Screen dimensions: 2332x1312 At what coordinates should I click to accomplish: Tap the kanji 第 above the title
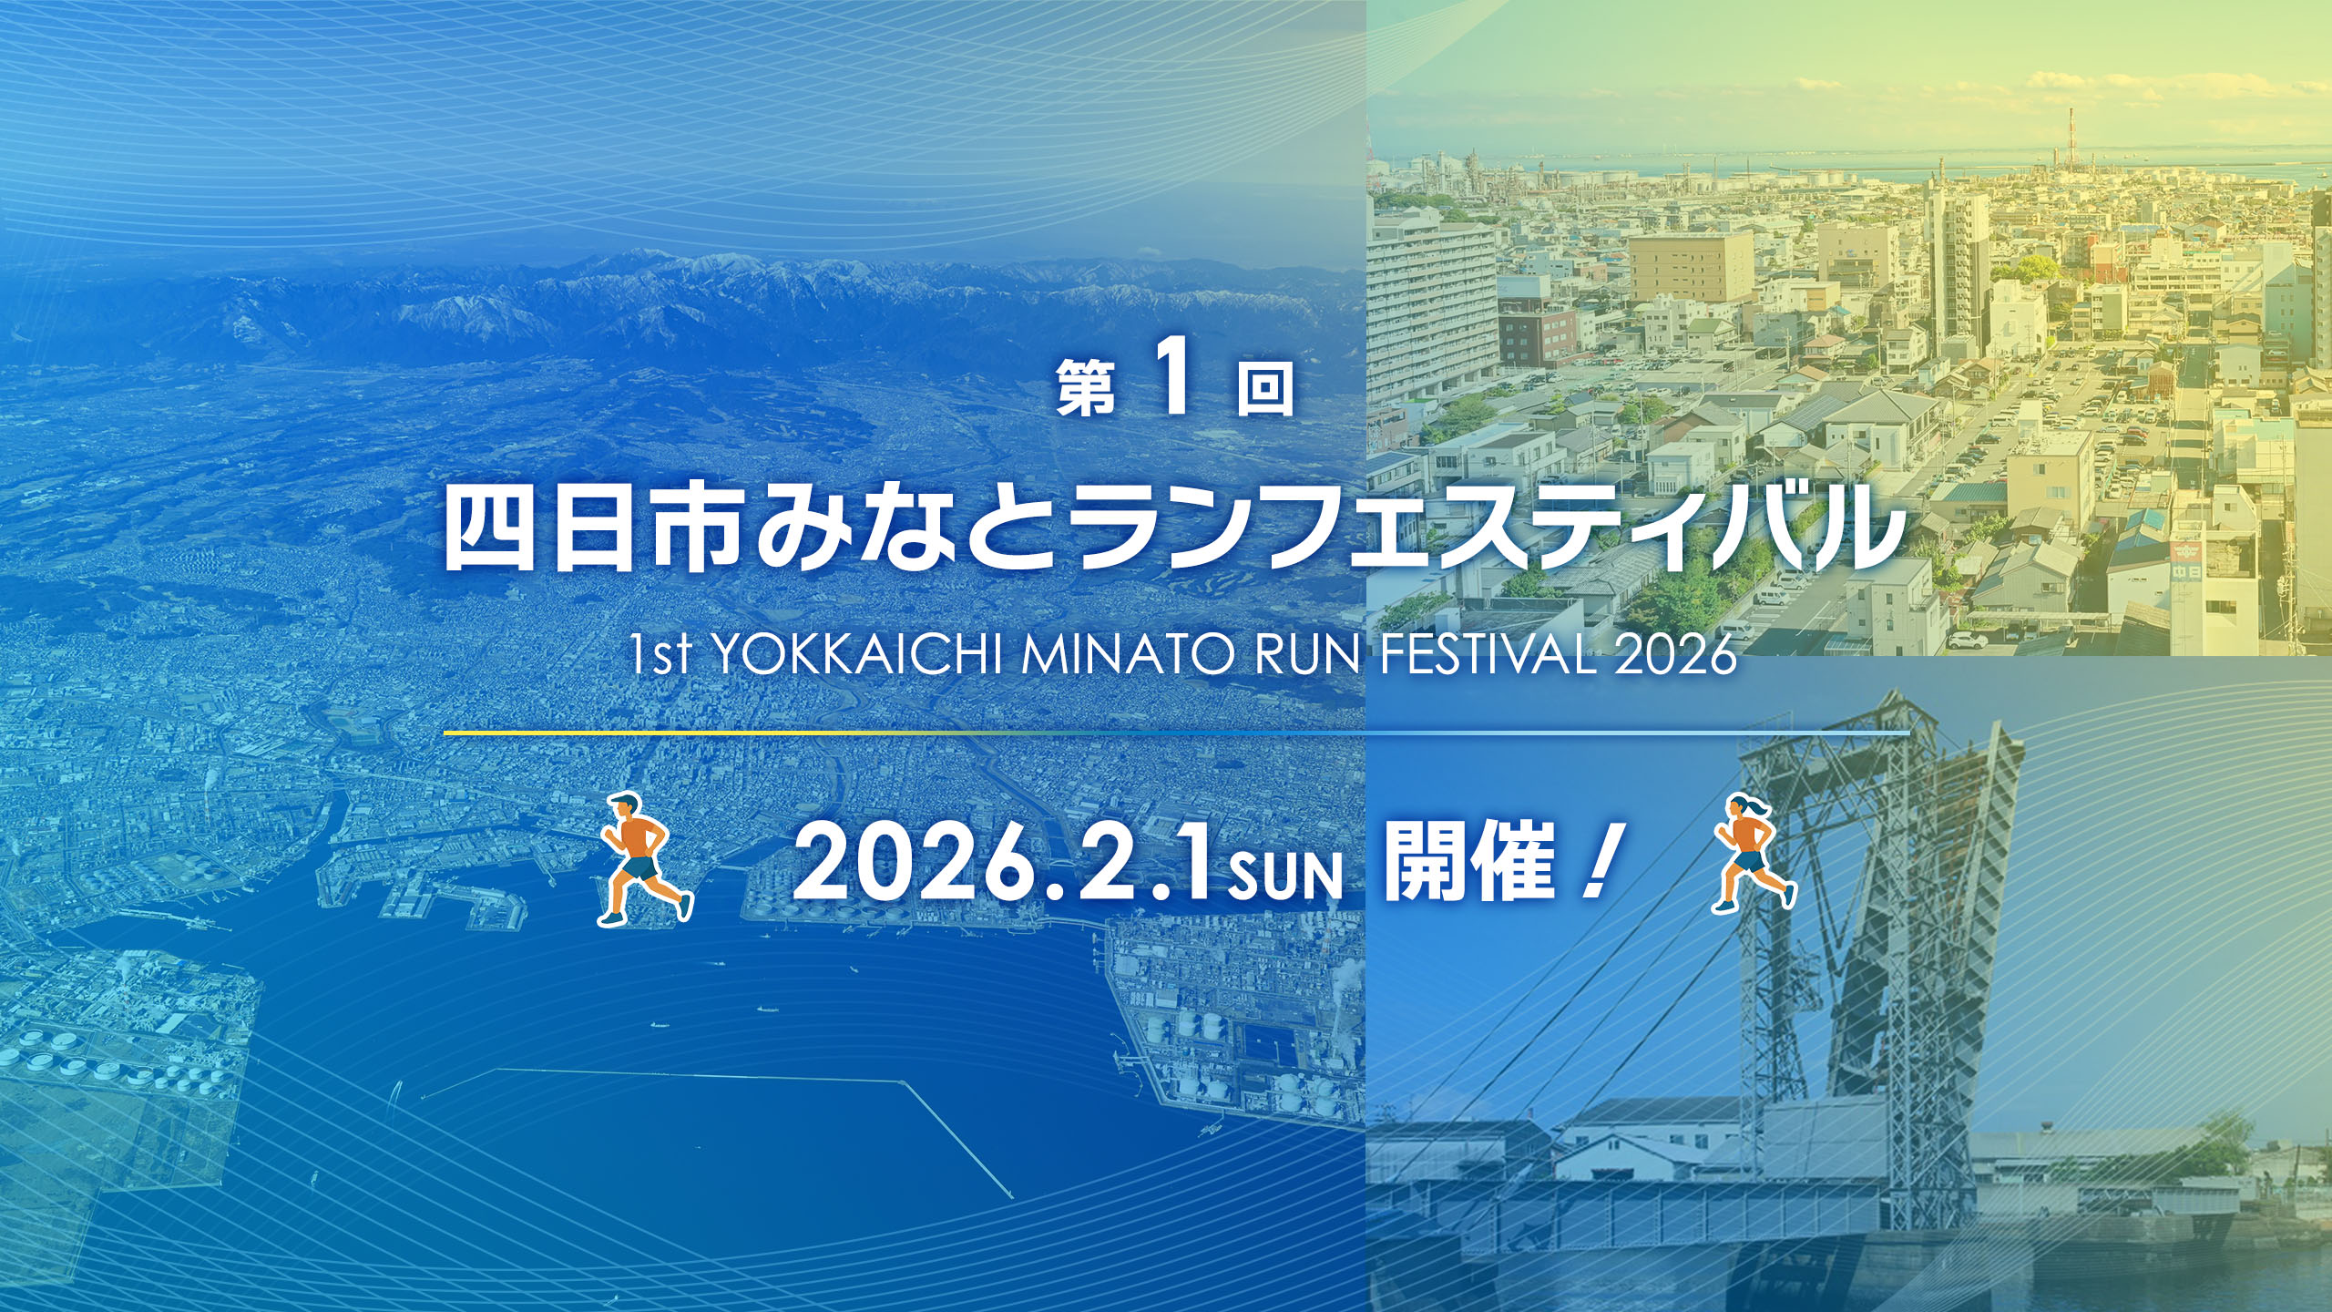click(1087, 388)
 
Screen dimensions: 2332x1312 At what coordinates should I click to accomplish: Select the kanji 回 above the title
click(1265, 388)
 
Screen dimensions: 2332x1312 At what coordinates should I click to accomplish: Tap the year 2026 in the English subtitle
click(1673, 655)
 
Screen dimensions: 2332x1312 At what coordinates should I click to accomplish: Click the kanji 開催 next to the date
click(1468, 862)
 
